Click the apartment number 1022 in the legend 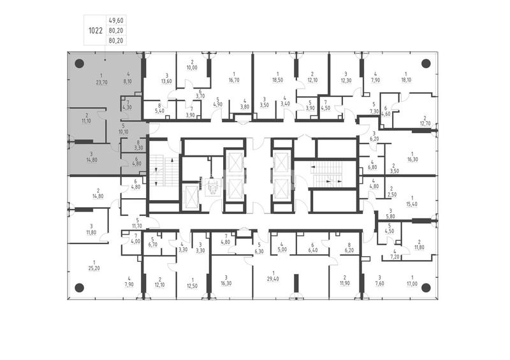point(96,31)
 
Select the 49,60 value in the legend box point(116,20)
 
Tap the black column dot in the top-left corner point(79,64)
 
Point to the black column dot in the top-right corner point(426,64)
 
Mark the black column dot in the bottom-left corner point(79,287)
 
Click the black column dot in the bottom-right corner point(426,287)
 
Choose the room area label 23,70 point(101,83)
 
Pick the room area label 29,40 point(273,278)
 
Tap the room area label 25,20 point(94,268)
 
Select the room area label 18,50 point(277,80)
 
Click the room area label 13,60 point(166,81)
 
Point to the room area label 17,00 point(412,284)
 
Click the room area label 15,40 point(412,204)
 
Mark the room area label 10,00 point(192,68)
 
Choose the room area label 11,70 point(137,226)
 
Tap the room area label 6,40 point(312,250)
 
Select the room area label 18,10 point(406,80)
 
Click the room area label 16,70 point(234,80)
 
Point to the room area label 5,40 point(159,111)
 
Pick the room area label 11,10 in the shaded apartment point(87,121)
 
